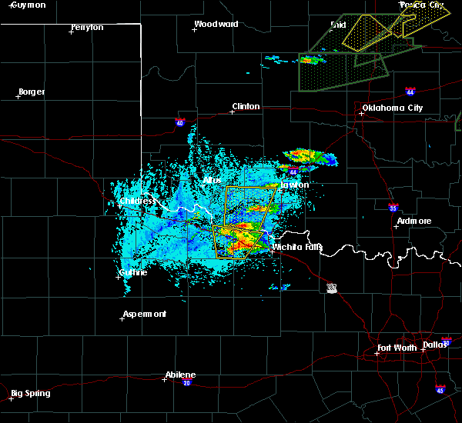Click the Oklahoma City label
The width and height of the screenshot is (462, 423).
pyautogui.click(x=393, y=108)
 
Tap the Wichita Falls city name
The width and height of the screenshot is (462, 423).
pyautogui.click(x=297, y=248)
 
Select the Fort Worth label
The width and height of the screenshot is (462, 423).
pyautogui.click(x=397, y=348)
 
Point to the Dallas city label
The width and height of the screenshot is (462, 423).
pyautogui.click(x=434, y=345)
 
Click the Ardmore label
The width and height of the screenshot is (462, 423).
pyautogui.click(x=413, y=221)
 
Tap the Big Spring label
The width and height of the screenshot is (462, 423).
pyautogui.click(x=32, y=393)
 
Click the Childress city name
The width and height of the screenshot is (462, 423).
pyautogui.click(x=137, y=202)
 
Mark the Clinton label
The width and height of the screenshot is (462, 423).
pyautogui.click(x=246, y=107)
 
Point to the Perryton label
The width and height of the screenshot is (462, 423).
pyautogui.click(x=87, y=28)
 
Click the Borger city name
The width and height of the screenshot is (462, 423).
pyautogui.click(x=31, y=92)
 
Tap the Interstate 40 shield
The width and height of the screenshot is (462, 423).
pyautogui.click(x=179, y=122)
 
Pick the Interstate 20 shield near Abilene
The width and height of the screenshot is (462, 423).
pyautogui.click(x=187, y=383)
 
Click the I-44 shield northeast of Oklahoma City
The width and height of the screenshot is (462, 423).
pyautogui.click(x=410, y=90)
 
